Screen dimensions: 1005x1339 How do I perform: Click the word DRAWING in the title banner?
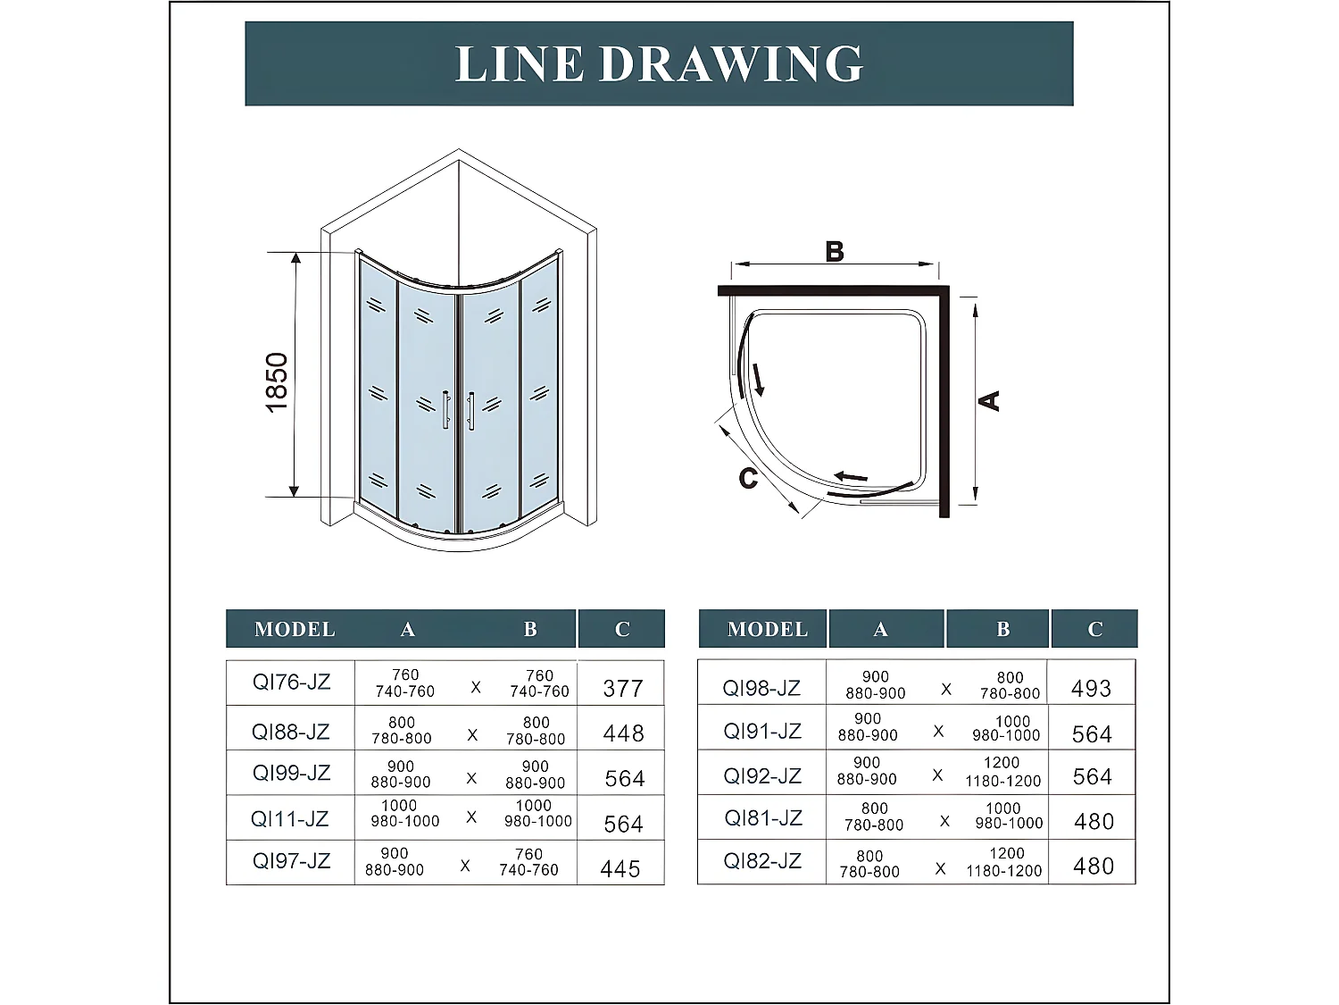731,63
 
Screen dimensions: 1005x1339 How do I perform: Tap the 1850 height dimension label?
277,382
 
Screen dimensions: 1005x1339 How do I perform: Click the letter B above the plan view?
835,252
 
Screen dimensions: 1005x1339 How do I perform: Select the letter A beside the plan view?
990,400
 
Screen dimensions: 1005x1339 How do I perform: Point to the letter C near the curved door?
748,479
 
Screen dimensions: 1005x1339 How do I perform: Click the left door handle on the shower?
445,409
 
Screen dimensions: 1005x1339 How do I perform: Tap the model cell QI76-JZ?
291,683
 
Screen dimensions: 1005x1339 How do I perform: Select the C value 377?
623,688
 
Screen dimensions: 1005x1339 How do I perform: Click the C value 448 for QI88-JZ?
623,733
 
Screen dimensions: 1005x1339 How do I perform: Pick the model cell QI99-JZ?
291,773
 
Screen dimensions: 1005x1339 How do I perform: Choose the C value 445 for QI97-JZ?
620,868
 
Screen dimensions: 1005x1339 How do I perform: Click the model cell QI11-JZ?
289,818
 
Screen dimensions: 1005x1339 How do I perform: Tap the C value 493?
1091,689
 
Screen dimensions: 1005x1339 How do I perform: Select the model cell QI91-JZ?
762,732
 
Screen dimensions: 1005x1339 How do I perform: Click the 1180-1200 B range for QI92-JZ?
1002,781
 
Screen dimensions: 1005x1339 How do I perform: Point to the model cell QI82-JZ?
762,861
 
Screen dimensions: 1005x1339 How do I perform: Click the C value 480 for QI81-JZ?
1094,822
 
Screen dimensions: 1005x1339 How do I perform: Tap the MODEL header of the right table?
767,629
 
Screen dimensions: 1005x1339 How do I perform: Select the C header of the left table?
622,629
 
